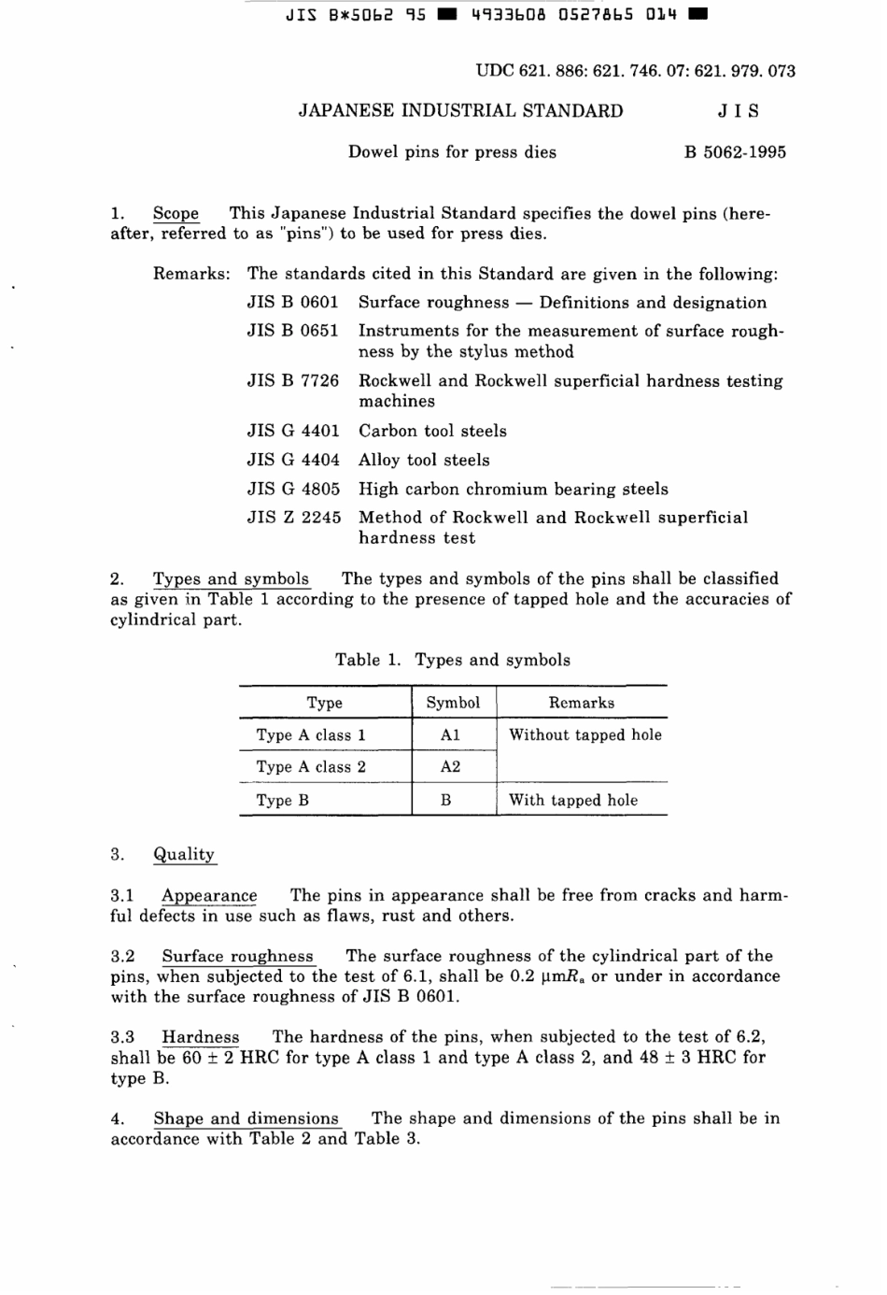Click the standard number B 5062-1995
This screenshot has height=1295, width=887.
(735, 152)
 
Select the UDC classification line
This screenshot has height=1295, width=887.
(635, 71)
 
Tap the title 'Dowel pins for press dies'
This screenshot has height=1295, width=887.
(452, 152)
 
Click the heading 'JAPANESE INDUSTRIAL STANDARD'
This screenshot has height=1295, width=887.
(460, 111)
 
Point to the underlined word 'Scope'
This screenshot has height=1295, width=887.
(176, 213)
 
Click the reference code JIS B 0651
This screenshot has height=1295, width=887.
(293, 331)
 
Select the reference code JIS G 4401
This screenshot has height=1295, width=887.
(293, 431)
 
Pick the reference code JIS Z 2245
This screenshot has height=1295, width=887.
(293, 518)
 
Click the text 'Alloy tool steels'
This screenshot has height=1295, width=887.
(424, 460)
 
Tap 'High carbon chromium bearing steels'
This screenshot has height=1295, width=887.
(514, 489)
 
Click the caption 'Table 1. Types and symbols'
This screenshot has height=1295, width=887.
(453, 660)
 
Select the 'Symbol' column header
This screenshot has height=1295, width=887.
(453, 703)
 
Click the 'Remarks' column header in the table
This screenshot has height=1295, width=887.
(581, 703)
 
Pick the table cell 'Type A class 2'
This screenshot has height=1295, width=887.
(311, 767)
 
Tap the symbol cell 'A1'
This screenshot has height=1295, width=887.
(450, 735)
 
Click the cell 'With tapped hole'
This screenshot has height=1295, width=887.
(573, 800)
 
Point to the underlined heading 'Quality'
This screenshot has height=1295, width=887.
(184, 854)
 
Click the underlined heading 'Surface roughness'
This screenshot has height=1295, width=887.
(237, 956)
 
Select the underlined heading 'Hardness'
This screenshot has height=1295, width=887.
(200, 1037)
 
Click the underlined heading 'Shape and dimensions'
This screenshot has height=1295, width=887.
(246, 1118)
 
